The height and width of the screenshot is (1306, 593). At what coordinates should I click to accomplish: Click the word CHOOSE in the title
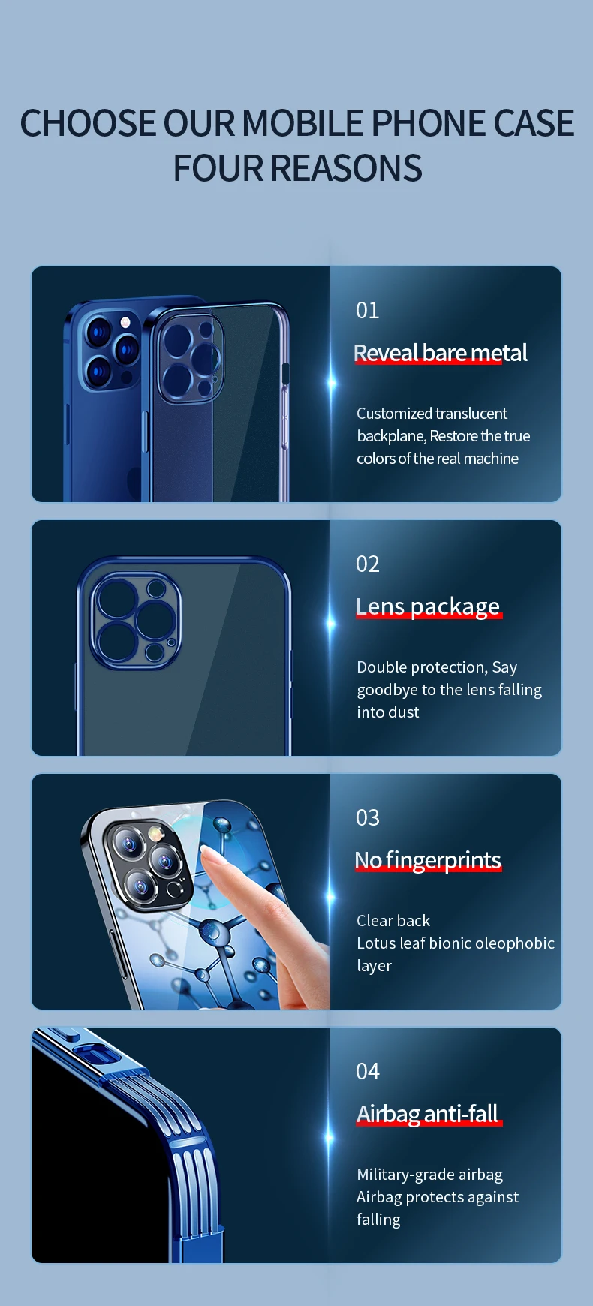point(88,123)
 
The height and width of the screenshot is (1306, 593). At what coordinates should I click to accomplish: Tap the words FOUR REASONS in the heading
point(297,168)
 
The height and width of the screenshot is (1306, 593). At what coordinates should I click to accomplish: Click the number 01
point(367,310)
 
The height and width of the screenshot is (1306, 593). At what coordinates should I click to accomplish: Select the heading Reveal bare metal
point(441,353)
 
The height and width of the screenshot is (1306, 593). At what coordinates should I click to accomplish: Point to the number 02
point(367,564)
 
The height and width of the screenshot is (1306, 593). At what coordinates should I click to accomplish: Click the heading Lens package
point(428,606)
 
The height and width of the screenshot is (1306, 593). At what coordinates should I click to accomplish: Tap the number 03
point(367,817)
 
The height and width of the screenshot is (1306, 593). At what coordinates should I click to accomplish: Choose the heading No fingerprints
point(428,860)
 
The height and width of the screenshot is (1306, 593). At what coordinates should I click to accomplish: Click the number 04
point(367,1071)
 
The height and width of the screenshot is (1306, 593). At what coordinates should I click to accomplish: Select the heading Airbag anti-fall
point(428,1114)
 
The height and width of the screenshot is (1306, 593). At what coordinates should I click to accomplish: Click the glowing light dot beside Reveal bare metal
point(332,383)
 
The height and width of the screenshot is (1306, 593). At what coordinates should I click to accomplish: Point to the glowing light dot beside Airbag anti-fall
point(330,1138)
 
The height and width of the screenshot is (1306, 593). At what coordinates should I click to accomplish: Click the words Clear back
point(393,921)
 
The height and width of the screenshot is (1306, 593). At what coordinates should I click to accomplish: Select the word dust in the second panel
point(404,712)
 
